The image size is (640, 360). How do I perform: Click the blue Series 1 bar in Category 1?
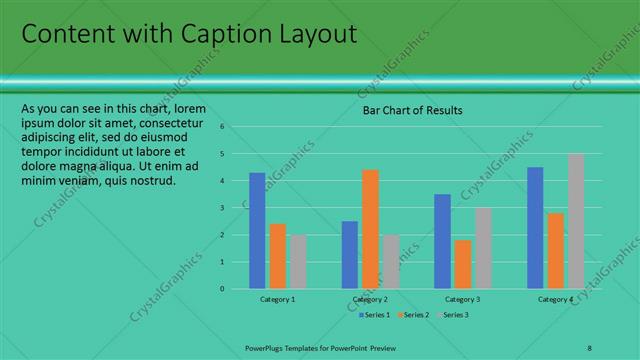tap(257, 230)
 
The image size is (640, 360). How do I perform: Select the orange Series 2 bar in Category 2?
tap(370, 229)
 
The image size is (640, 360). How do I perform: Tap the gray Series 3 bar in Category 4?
tap(576, 221)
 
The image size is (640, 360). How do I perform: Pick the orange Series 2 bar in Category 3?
tap(463, 264)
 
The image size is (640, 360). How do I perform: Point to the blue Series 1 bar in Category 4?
tap(535, 227)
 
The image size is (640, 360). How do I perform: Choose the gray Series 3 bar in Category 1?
tap(298, 261)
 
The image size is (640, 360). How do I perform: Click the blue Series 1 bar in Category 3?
tap(442, 241)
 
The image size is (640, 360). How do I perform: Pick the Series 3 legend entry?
tap(452, 315)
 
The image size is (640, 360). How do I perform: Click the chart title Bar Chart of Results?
tap(412, 110)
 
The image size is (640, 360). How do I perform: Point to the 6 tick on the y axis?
tap(223, 127)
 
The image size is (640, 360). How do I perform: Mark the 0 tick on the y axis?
tap(223, 289)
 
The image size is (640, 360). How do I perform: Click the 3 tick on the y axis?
tap(223, 208)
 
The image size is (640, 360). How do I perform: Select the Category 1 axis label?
tap(278, 299)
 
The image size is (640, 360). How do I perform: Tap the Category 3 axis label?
tap(463, 299)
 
